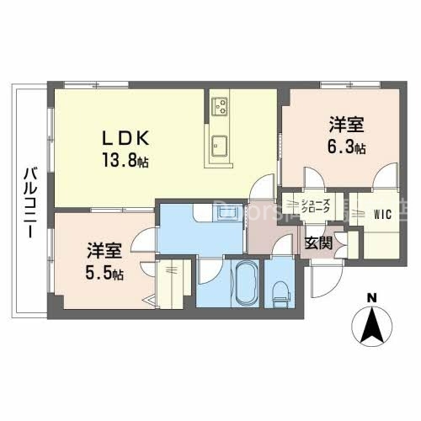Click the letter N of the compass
[370, 296]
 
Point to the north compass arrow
[370, 324]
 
